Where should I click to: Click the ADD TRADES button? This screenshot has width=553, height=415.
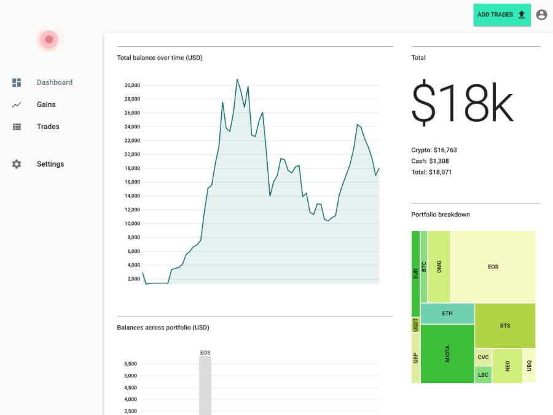click(x=501, y=15)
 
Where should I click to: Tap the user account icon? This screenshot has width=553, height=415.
click(x=541, y=15)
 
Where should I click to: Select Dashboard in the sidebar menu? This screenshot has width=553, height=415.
click(x=54, y=82)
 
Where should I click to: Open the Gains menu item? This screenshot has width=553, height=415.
click(x=46, y=105)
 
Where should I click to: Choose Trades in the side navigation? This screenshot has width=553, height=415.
click(x=48, y=127)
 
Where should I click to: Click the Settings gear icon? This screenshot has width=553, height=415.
click(x=17, y=164)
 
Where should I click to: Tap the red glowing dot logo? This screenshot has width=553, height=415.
click(x=49, y=40)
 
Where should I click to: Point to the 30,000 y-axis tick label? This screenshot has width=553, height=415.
click(x=132, y=85)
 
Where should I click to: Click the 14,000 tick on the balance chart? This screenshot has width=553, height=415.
click(x=132, y=196)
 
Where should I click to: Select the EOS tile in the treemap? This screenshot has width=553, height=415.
click(x=493, y=267)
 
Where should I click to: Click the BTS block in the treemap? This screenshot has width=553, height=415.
click(x=504, y=325)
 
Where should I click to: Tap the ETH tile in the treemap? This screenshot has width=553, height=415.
click(x=447, y=314)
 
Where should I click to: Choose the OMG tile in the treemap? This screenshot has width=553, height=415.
click(x=439, y=267)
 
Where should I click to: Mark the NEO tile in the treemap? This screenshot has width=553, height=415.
click(x=508, y=366)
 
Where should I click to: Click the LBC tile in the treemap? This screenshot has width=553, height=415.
click(x=483, y=375)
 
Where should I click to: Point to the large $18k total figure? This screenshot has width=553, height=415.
click(x=462, y=103)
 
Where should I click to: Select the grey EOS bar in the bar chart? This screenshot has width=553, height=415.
click(x=205, y=385)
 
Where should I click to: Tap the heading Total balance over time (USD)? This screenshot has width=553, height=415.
click(x=160, y=58)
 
